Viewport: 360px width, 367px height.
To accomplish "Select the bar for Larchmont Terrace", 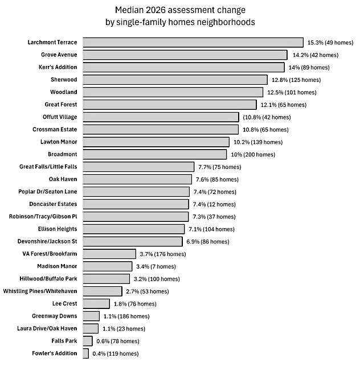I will (x=193, y=42).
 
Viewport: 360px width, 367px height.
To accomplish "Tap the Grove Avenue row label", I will (x=59, y=55).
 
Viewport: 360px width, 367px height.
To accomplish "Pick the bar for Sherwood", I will (x=175, y=80).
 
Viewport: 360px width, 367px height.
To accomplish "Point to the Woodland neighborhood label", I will (x=64, y=92).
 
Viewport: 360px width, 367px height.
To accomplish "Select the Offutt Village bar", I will (x=161, y=117).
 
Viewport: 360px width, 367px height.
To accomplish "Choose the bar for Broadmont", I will (x=154, y=154).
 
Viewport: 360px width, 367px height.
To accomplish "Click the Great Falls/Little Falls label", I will (x=48, y=167).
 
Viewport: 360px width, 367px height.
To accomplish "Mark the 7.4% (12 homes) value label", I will (x=213, y=204).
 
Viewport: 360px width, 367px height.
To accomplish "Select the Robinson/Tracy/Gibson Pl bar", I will (x=136, y=216).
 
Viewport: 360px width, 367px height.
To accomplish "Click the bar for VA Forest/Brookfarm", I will (x=109, y=254).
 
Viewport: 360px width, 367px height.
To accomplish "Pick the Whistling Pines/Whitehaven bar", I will (x=103, y=291).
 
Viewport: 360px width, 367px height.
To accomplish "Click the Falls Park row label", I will (x=63, y=341).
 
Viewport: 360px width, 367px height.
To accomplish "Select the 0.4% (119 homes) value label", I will (x=115, y=354).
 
